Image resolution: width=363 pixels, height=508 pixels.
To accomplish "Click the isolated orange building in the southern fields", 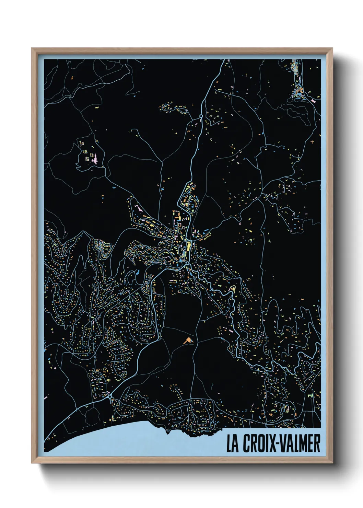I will coord(188,340).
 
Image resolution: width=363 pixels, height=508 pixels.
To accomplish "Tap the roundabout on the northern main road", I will coord(201,117).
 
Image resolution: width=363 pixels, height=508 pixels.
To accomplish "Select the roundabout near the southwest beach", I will coord(110,397).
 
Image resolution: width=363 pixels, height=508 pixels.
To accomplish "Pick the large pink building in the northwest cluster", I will coord(95,159).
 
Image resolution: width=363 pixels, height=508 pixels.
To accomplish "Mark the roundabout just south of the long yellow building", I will coord(188,264).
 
